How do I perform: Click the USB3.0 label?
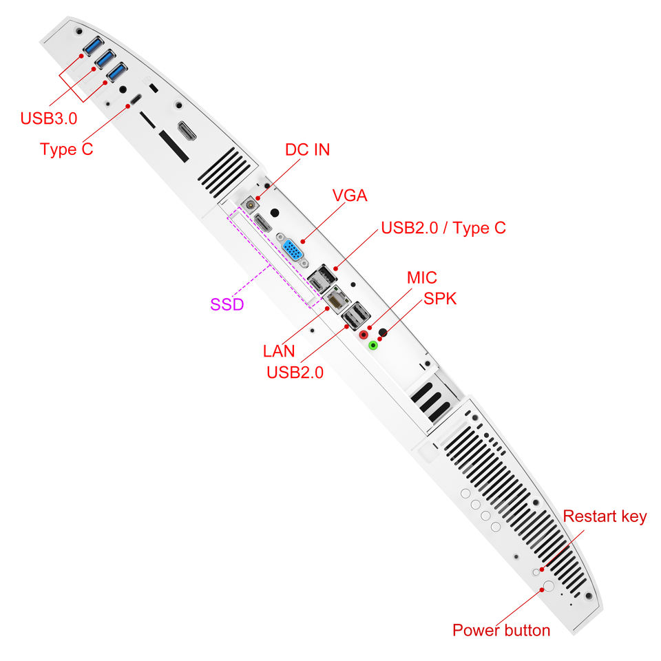pyautogui.click(x=48, y=118)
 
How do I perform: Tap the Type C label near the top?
pyautogui.click(x=66, y=149)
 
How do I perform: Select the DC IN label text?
pyautogui.click(x=307, y=149)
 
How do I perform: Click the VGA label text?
pyautogui.click(x=349, y=196)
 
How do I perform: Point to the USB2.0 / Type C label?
pyautogui.click(x=443, y=228)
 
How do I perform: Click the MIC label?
pyautogui.click(x=421, y=277)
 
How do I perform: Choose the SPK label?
pyautogui.click(x=440, y=299)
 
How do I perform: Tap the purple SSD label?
pyautogui.click(x=227, y=304)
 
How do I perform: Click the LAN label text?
pyautogui.click(x=279, y=351)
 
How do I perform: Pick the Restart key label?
pyautogui.click(x=605, y=516)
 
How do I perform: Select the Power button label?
pyautogui.click(x=501, y=630)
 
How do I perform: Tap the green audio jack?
pyautogui.click(x=373, y=345)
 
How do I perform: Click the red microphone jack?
pyautogui.click(x=365, y=335)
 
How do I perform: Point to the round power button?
pyautogui.click(x=549, y=587)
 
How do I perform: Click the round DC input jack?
pyautogui.click(x=251, y=203)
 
